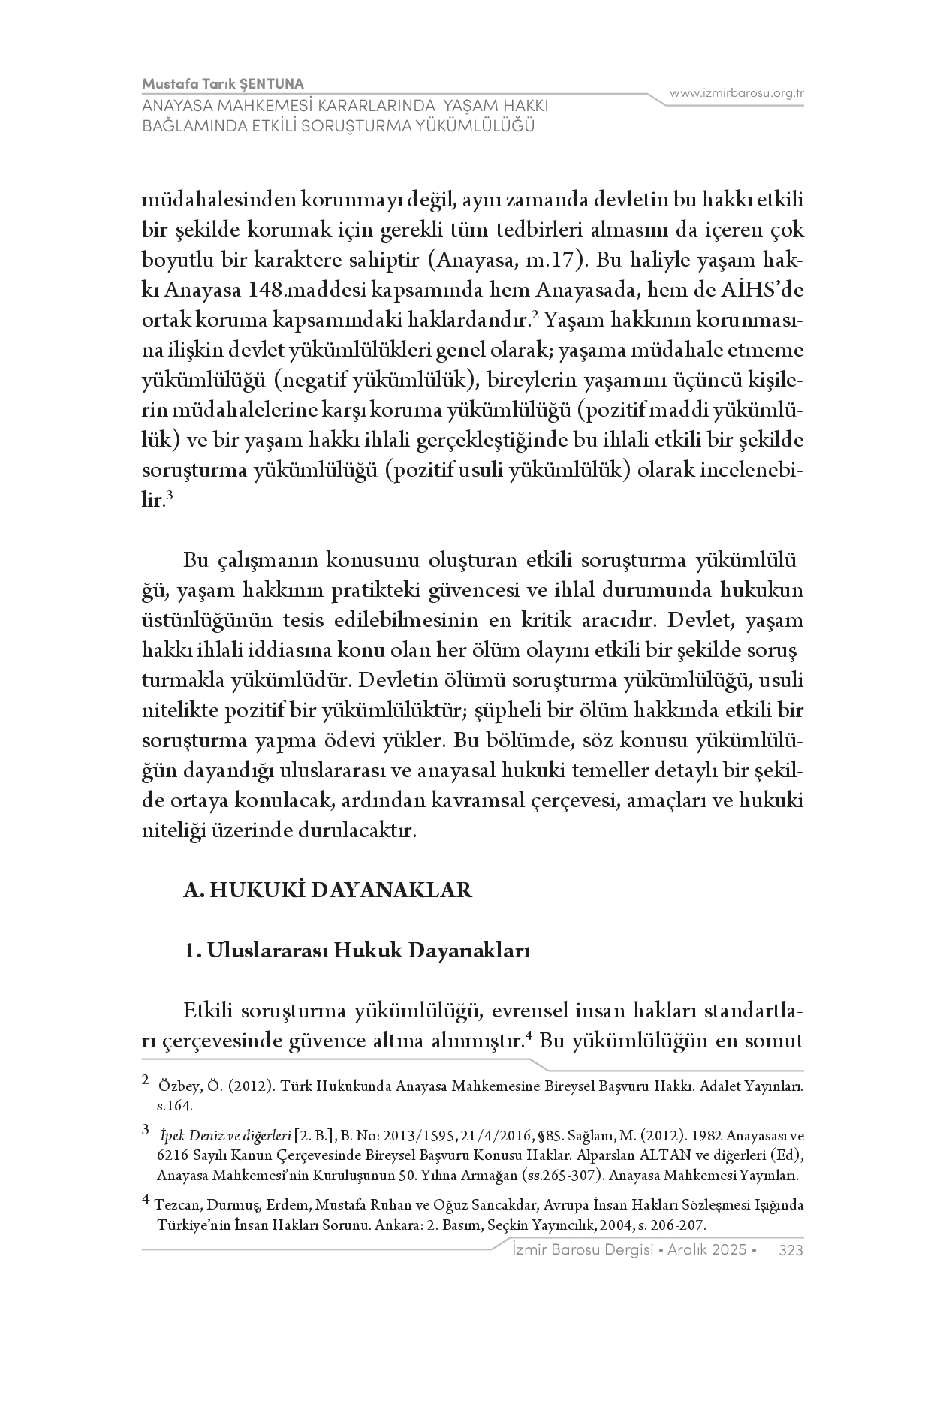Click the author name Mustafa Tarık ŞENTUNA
[223, 83]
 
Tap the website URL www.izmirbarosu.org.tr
[737, 93]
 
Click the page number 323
[791, 1250]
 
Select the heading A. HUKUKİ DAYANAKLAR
[328, 890]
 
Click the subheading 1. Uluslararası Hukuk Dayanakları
[357, 951]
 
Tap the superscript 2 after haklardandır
[535, 314]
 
